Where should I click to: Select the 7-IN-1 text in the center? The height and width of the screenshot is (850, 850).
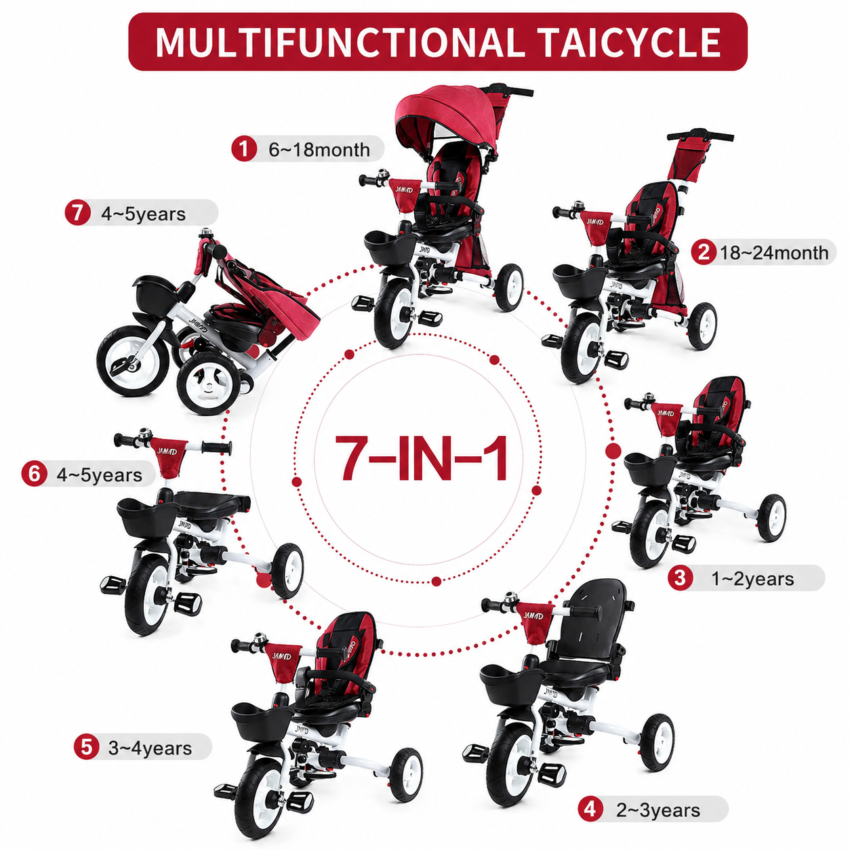pos(420,458)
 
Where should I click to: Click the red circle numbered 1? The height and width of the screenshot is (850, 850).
pos(244,149)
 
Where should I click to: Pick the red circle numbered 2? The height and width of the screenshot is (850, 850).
pos(704,252)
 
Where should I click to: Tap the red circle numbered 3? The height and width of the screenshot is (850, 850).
pos(681,578)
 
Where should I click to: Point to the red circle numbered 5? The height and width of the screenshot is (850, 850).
pos(86,747)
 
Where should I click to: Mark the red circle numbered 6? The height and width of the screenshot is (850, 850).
pos(34,474)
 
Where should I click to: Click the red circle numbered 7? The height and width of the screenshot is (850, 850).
pos(77,213)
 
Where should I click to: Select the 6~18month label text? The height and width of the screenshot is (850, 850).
pos(319,150)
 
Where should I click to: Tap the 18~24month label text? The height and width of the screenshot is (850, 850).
pos(774,253)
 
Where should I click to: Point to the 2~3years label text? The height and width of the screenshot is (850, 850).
pos(658,810)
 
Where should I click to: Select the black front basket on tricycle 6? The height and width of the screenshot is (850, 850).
pos(148,521)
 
